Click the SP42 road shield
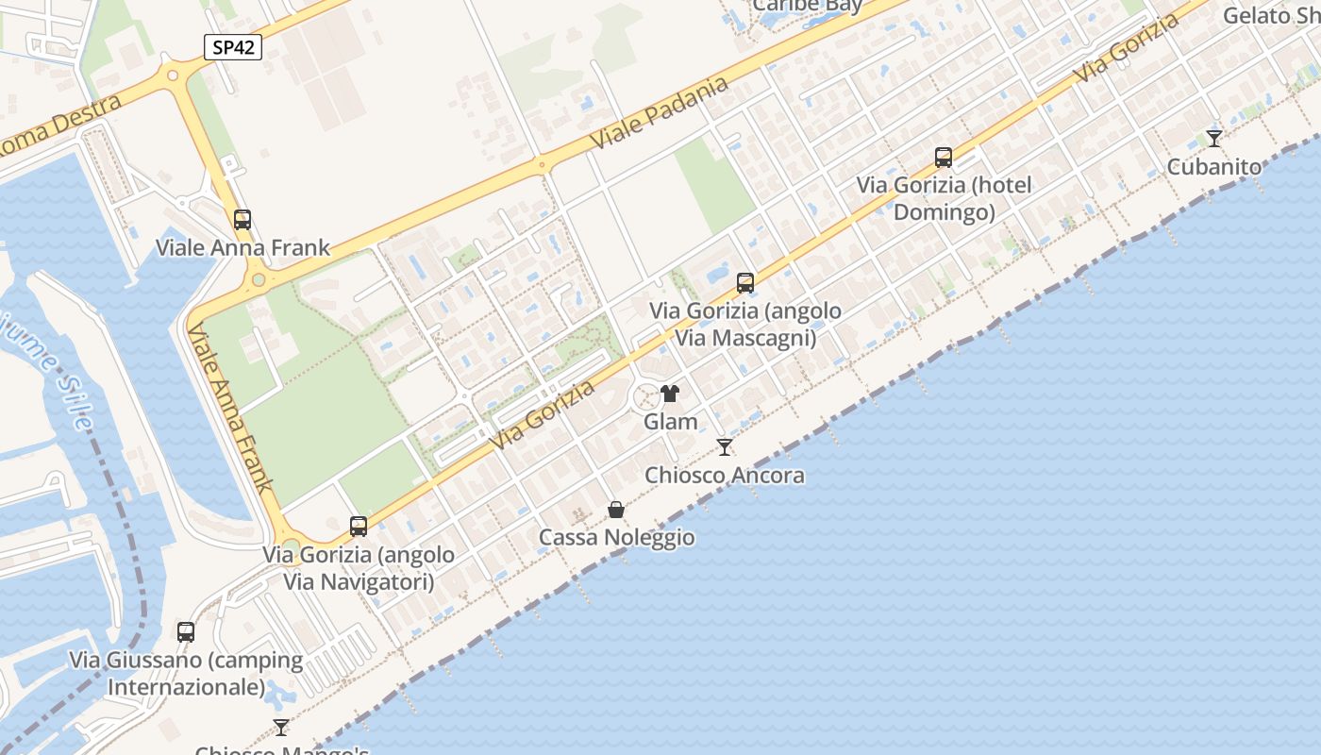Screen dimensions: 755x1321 [x=232, y=47]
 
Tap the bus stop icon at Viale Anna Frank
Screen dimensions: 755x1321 [x=242, y=220]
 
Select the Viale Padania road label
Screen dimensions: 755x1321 [x=660, y=112]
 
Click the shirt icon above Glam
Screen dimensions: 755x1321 [x=670, y=394]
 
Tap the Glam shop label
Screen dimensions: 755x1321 [x=671, y=422]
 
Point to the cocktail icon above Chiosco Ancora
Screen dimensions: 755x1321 [x=725, y=446]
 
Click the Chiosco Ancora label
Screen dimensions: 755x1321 [x=725, y=475]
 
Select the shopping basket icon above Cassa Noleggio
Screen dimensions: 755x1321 [x=616, y=510]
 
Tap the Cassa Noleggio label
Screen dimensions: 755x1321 [x=617, y=538]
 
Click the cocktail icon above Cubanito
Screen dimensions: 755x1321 [x=1214, y=139]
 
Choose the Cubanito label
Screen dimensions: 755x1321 [x=1214, y=167]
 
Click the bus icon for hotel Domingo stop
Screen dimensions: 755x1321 [x=944, y=158]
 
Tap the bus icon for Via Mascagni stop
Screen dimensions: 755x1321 [x=745, y=282]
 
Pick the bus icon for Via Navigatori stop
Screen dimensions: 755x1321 [x=359, y=527]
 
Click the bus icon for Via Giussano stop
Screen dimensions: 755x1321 [x=186, y=632]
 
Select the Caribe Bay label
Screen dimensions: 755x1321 [x=808, y=6]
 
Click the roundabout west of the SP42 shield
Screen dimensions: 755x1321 [x=172, y=75]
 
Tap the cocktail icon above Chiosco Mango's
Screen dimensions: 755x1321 [x=281, y=727]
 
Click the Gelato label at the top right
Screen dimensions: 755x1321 [x=1270, y=15]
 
